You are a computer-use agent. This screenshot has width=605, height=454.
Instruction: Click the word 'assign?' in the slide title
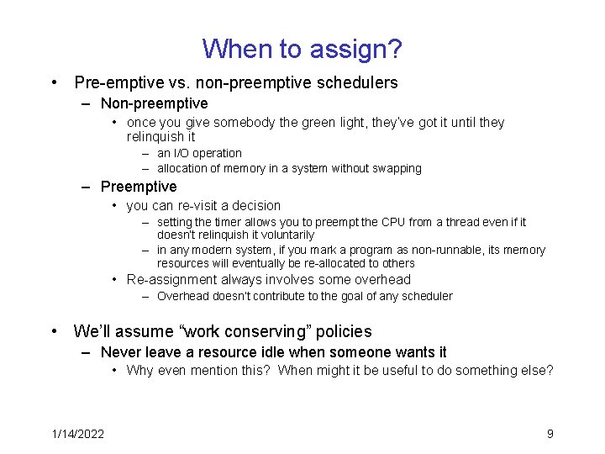pyautogui.click(x=355, y=50)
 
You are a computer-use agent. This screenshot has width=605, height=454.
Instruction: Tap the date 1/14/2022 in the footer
pyautogui.click(x=77, y=434)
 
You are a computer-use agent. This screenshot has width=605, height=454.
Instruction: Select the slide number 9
pyautogui.click(x=550, y=434)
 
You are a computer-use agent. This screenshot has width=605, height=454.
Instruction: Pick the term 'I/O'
pyautogui.click(x=182, y=153)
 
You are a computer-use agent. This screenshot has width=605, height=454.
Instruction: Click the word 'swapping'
pyautogui.click(x=397, y=168)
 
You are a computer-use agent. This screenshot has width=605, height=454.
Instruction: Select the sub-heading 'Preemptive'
pyautogui.click(x=139, y=187)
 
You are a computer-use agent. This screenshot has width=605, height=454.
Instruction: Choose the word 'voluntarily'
pyautogui.click(x=285, y=235)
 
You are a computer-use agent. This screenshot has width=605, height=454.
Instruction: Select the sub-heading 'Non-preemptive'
pyautogui.click(x=154, y=103)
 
